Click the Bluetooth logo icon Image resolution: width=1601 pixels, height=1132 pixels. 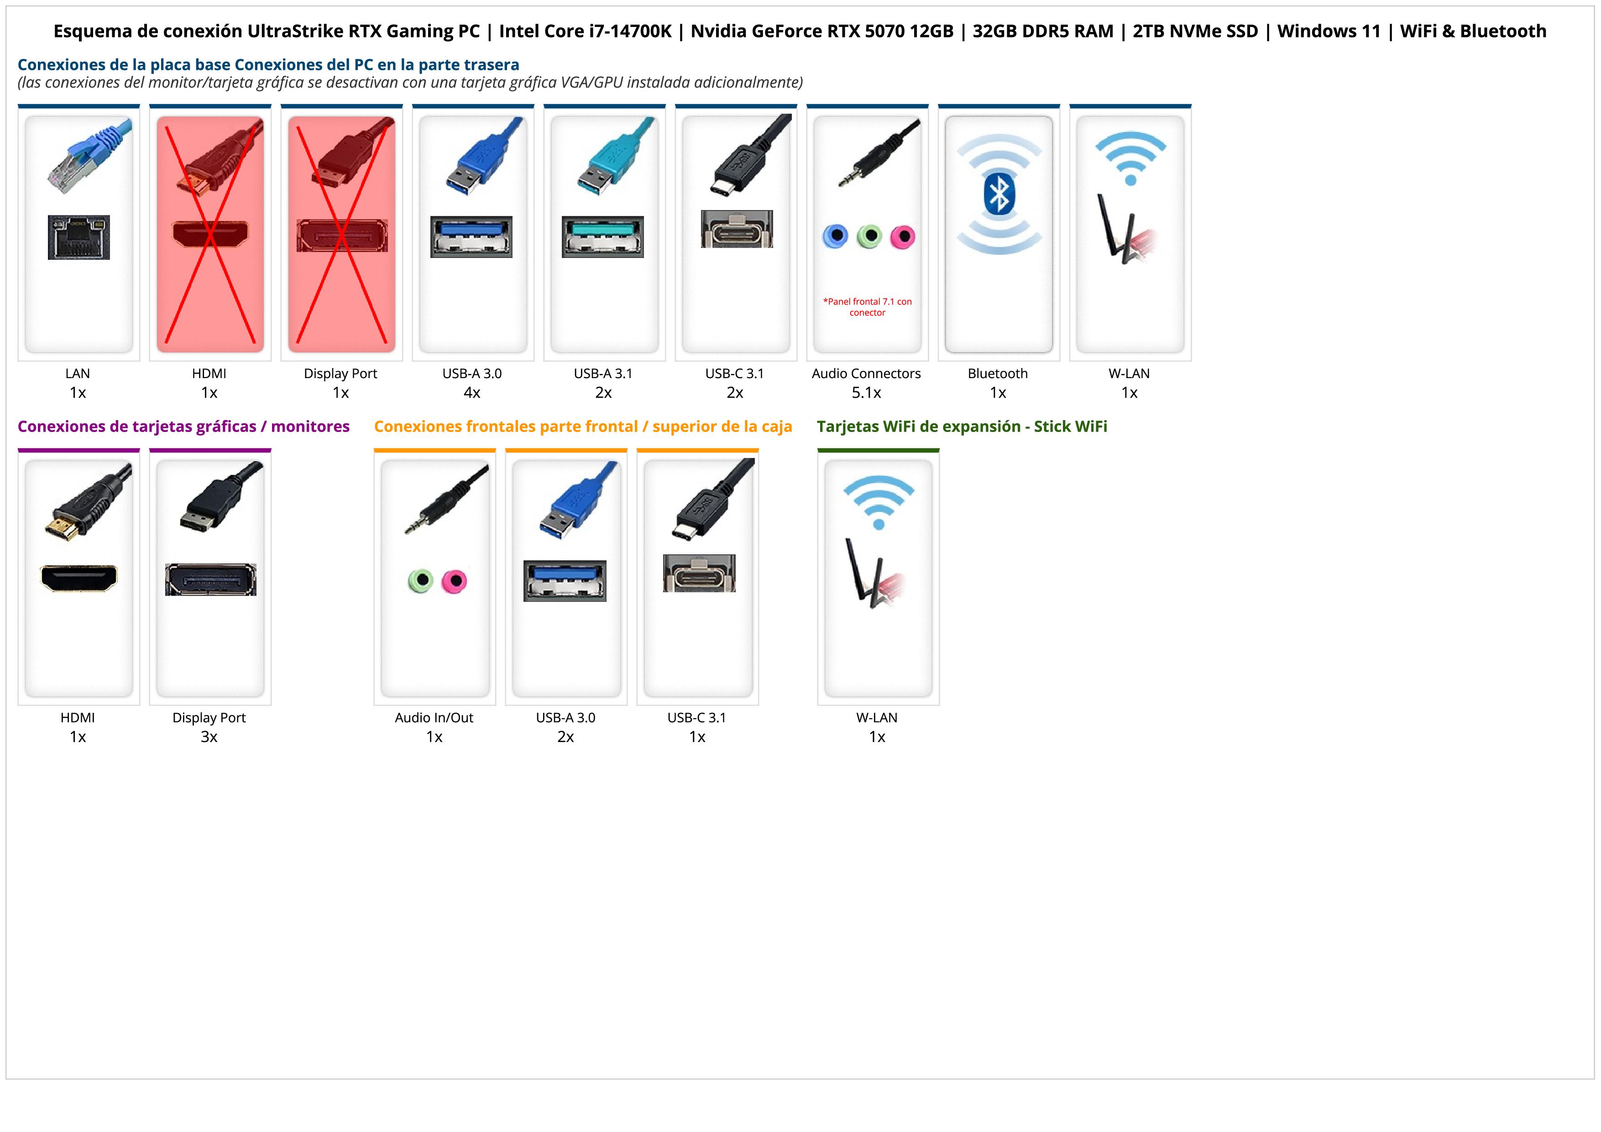click(999, 195)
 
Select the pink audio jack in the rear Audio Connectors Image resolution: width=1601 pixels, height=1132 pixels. click(902, 237)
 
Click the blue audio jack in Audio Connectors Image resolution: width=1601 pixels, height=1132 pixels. click(835, 237)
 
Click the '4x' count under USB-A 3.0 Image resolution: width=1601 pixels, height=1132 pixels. click(472, 393)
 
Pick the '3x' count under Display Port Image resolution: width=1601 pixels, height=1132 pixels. click(209, 737)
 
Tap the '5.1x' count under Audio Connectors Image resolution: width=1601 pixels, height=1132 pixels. click(866, 393)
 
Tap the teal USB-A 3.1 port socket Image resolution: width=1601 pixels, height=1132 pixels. click(602, 237)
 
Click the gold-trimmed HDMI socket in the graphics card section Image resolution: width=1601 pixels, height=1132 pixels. click(79, 578)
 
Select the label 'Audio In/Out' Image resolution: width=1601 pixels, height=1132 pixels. click(434, 718)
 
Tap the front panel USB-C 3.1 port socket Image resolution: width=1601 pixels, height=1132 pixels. click(699, 574)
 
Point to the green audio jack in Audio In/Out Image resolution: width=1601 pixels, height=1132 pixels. click(420, 580)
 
